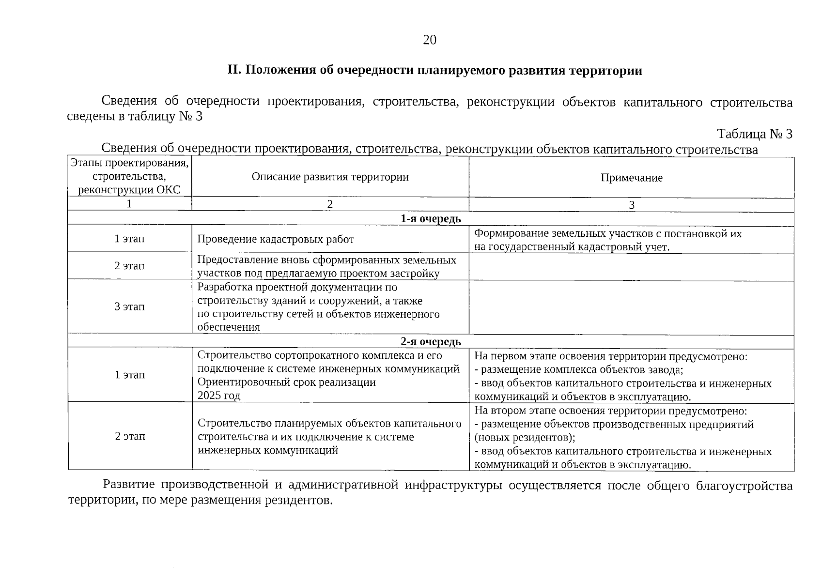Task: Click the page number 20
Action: [430, 40]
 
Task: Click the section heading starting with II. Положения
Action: [434, 71]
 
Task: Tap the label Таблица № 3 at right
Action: [754, 134]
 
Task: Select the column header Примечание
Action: [631, 178]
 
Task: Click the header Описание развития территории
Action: [330, 177]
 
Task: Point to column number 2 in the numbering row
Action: [330, 204]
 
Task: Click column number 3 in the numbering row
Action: [631, 205]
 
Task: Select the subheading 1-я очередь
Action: [431, 219]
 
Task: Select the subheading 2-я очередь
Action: [431, 342]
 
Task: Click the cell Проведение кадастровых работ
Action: [275, 239]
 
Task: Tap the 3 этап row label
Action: [129, 306]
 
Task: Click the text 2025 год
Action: [219, 396]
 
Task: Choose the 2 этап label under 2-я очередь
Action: [130, 436]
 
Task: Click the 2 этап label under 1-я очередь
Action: [129, 266]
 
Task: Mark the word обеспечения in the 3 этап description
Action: [229, 327]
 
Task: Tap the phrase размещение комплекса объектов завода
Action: [581, 370]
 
